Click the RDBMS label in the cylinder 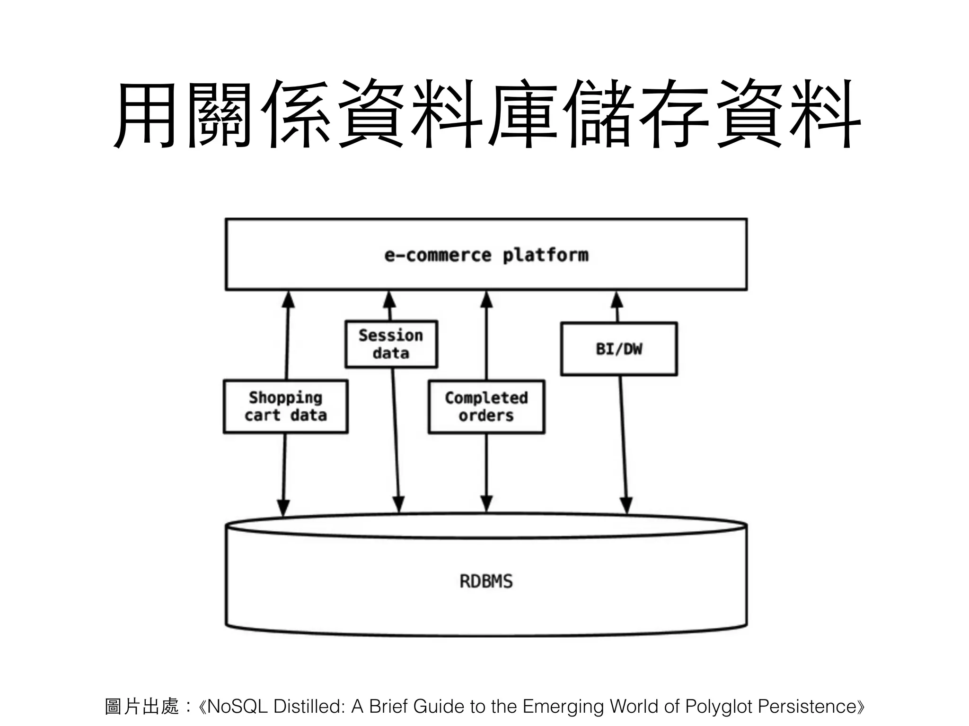[486, 581]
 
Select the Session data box [391, 344]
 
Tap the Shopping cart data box [285, 406]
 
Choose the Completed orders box [486, 406]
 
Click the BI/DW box [619, 349]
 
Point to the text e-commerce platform [486, 255]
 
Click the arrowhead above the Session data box [389, 300]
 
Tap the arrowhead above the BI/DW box [617, 301]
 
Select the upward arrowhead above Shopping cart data [288, 300]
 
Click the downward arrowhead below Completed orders [486, 504]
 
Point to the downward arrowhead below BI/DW [626, 505]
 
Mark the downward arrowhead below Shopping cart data [283, 507]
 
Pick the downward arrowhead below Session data [399, 504]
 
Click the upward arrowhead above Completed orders [486, 300]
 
